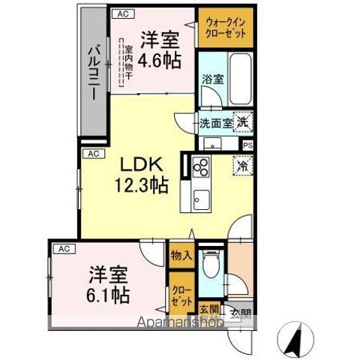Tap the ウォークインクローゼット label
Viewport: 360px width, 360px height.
point(223,28)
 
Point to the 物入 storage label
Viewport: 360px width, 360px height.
point(181,255)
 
